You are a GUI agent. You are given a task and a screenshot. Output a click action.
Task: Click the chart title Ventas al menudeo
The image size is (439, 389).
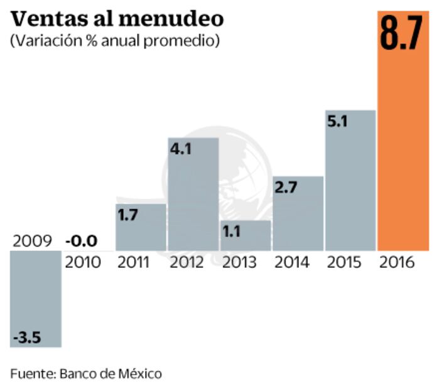pyautogui.click(x=117, y=19)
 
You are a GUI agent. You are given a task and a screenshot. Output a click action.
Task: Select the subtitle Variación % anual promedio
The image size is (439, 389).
pyautogui.click(x=114, y=41)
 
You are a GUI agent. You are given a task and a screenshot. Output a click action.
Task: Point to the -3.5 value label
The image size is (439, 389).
pyautogui.click(x=26, y=338)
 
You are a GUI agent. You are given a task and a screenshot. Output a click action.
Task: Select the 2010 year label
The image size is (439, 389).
pyautogui.click(x=83, y=262)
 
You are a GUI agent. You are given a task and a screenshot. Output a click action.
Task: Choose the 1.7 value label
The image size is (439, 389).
pyautogui.click(x=129, y=215)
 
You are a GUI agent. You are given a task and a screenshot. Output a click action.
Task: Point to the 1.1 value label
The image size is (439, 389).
pyautogui.click(x=232, y=232)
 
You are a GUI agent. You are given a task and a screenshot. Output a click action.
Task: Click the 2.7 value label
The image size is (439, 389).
pyautogui.click(x=286, y=188)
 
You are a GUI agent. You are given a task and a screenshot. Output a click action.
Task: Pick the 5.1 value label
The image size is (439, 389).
pyautogui.click(x=338, y=122)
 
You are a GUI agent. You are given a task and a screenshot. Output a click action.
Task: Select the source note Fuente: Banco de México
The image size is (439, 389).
pyautogui.click(x=86, y=374)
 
